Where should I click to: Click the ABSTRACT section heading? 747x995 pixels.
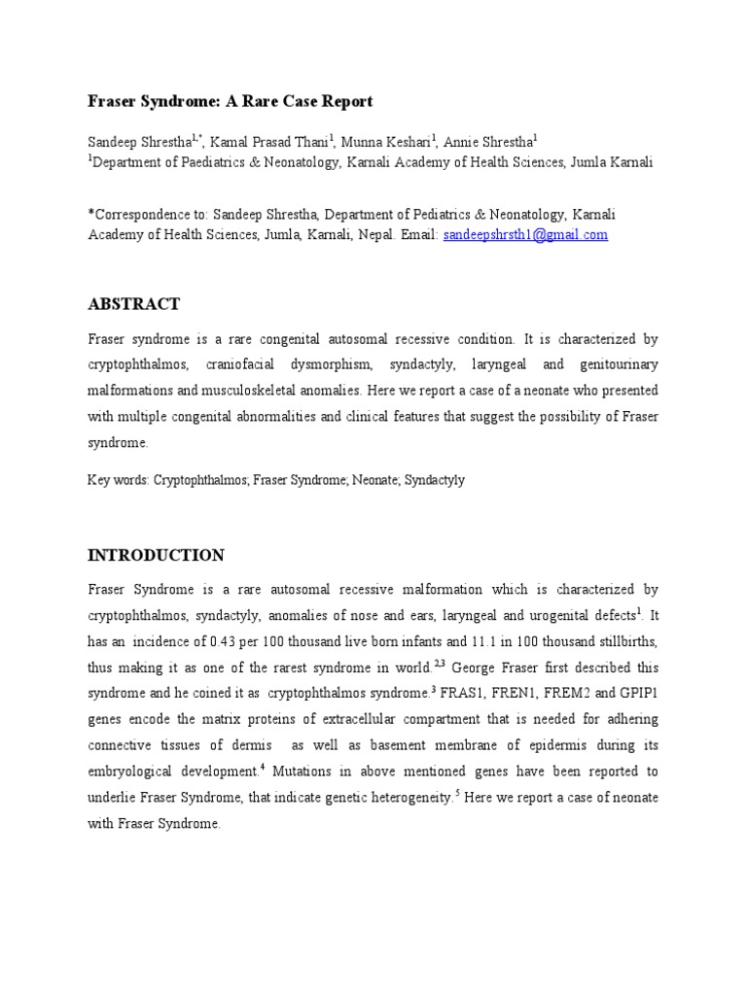tap(133, 304)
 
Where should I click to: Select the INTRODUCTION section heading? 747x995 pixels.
tap(156, 556)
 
